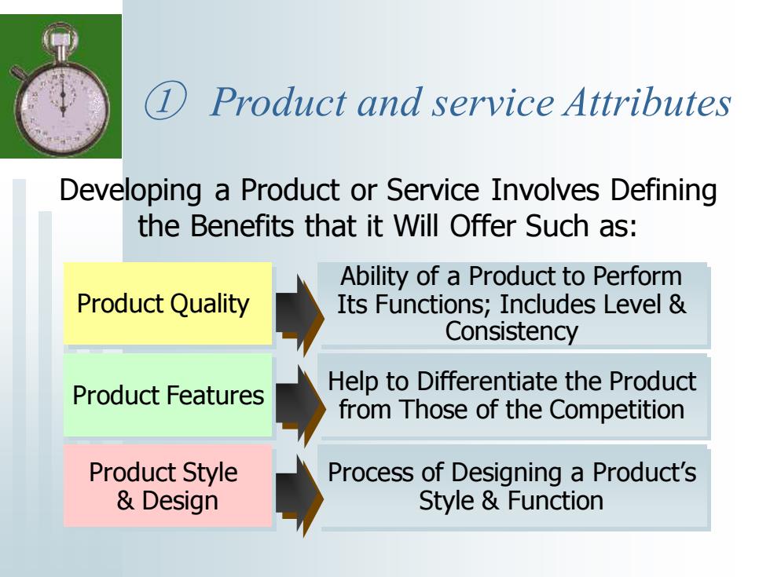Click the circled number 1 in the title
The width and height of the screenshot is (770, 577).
coord(165,101)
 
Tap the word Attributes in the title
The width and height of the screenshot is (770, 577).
coord(647,102)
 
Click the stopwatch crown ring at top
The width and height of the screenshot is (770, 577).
coord(60,38)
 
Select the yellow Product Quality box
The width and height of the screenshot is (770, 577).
coord(167,303)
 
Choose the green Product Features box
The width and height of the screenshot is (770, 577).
coord(167,395)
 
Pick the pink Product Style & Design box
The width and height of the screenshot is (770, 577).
coord(167,486)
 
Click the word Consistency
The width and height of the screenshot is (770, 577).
coord(511,332)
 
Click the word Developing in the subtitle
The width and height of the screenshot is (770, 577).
coord(130,191)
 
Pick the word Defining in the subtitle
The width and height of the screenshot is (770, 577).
coord(663,191)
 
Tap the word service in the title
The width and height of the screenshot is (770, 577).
coord(493,103)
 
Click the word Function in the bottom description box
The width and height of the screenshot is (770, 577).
coord(555,501)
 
